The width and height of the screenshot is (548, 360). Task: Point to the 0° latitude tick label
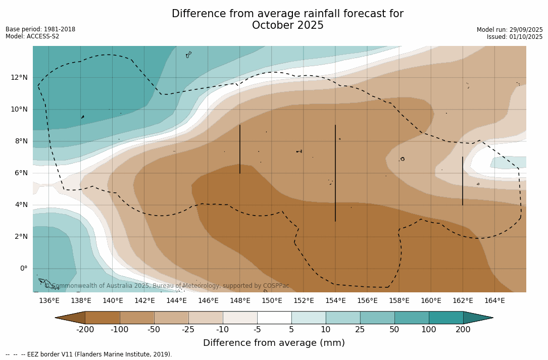click(23, 269)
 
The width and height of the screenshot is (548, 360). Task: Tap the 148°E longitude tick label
click(240, 301)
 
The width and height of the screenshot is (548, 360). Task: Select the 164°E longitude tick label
click(494, 301)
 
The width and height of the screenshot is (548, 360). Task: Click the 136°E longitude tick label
click(49, 301)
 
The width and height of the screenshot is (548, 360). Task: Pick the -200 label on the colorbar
click(85, 330)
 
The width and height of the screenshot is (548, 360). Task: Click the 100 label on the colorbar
click(429, 330)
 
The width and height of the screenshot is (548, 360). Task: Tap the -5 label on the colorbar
click(257, 330)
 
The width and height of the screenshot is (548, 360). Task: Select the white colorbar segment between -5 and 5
click(274, 318)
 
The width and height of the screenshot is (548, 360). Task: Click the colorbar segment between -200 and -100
click(103, 318)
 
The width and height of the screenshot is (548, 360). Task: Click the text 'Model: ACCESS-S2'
click(32, 36)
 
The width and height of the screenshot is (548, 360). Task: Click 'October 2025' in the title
click(287, 25)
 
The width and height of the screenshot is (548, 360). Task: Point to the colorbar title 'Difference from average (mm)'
click(274, 343)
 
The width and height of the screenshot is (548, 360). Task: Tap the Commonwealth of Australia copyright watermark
click(167, 286)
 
